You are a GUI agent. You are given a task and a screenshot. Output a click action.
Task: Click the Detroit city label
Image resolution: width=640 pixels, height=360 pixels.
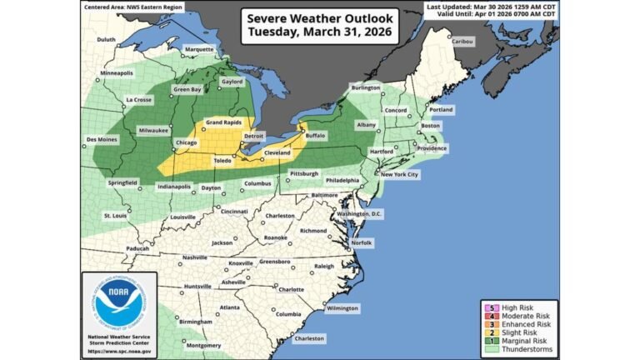pos(253,135)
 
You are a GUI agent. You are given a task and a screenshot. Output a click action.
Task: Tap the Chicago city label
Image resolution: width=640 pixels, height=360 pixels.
pos(187,142)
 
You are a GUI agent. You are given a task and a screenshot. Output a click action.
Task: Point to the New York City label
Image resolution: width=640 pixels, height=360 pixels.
pos(399,174)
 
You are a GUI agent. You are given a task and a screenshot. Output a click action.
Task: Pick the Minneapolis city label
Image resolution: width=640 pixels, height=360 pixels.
pos(117,73)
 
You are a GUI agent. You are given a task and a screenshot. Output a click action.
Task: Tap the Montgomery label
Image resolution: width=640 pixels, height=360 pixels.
pos(203,345)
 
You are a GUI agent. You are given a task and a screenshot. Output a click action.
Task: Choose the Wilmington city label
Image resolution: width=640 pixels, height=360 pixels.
pos(342,307)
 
